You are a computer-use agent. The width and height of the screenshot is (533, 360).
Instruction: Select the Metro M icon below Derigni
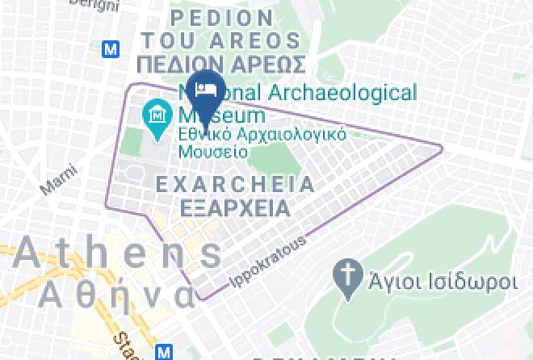(111, 48)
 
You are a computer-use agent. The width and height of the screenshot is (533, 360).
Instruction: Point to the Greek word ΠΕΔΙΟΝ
(175, 64)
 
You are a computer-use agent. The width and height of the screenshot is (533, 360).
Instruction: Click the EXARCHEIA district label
(234, 185)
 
